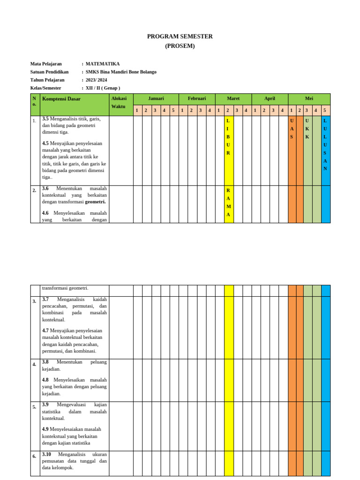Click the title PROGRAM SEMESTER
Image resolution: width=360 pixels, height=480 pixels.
pyautogui.click(x=180, y=37)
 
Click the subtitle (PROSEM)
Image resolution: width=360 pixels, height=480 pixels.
pyautogui.click(x=180, y=46)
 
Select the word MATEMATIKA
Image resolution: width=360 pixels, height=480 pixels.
pyautogui.click(x=103, y=64)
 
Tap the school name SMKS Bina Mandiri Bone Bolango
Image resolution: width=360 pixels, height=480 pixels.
pyautogui.click(x=121, y=72)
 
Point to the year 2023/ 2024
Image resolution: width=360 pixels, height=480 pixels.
pyautogui.click(x=96, y=80)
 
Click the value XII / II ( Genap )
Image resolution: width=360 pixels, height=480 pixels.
pyautogui.click(x=103, y=88)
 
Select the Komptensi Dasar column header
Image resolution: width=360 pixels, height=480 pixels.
pyautogui.click(x=61, y=99)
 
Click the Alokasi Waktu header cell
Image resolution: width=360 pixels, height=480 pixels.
pyautogui.click(x=119, y=102)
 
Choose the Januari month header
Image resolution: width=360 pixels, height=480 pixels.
pyautogui.click(x=156, y=99)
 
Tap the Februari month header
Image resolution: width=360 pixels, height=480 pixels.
pyautogui.click(x=197, y=99)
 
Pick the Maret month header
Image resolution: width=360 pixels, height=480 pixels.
pyautogui.click(x=233, y=99)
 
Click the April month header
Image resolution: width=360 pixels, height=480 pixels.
pyautogui.click(x=270, y=99)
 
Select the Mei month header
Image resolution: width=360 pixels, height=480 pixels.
pyautogui.click(x=309, y=99)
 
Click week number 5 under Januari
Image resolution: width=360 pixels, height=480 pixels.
pyautogui.click(x=173, y=111)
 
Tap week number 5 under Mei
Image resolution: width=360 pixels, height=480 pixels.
pyautogui.click(x=324, y=111)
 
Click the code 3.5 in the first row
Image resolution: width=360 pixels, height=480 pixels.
pyautogui.click(x=45, y=119)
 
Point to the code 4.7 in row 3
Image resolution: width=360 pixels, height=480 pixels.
pyautogui.click(x=45, y=330)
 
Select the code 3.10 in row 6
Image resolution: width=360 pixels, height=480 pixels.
pyautogui.click(x=46, y=454)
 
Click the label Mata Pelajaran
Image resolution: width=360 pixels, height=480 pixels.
pyautogui.click(x=46, y=64)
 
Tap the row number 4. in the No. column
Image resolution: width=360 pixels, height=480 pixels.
pyautogui.click(x=34, y=364)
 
